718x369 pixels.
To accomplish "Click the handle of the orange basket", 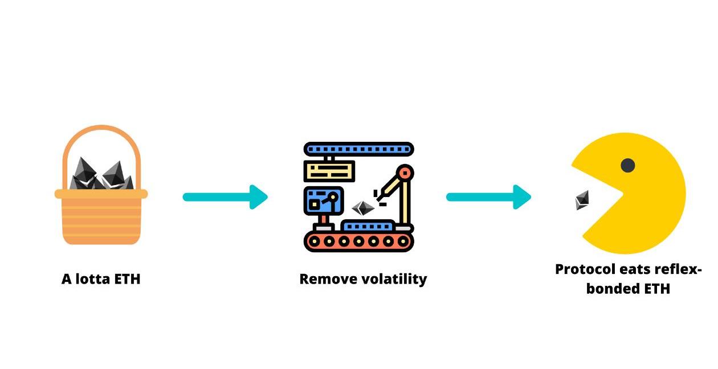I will coord(101,132).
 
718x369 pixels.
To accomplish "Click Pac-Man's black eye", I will coord(627,165).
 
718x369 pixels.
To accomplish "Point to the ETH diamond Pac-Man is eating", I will coord(582,200).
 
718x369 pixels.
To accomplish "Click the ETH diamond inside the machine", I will coord(362,208).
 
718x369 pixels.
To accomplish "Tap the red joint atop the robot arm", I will coord(405,171).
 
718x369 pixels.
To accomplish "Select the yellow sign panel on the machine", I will coord(330,171).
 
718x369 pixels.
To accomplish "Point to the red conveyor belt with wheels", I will coord(358,241).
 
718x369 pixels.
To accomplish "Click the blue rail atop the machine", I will coord(358,149).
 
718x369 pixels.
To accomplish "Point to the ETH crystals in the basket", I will coord(101,174).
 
